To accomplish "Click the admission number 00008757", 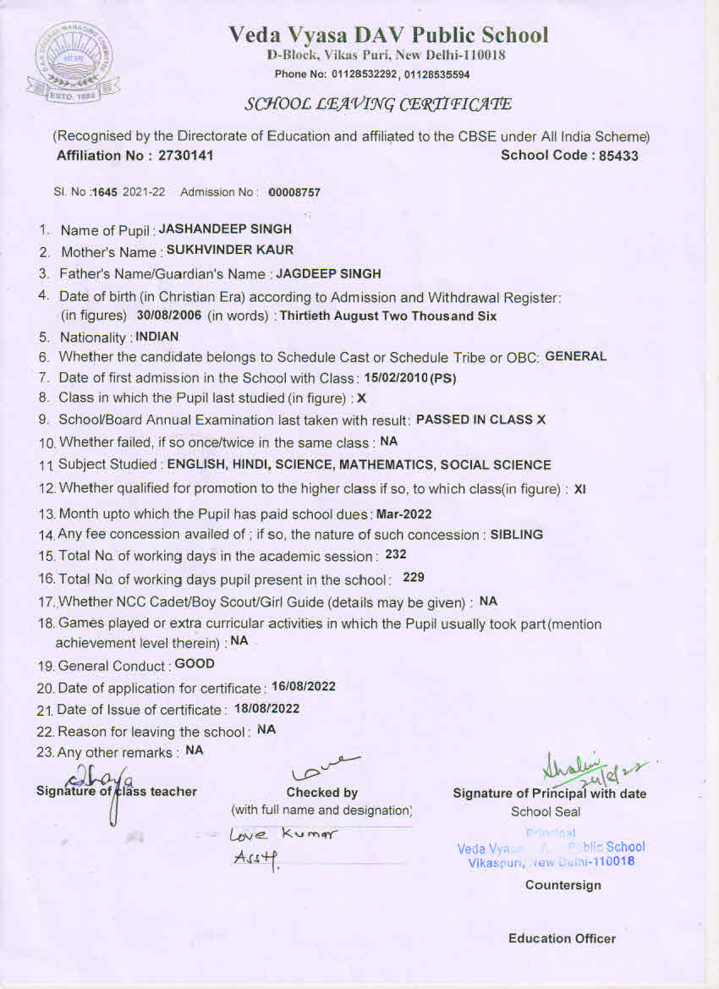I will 294,193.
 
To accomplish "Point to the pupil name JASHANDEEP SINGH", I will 225,228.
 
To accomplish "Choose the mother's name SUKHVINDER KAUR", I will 230,250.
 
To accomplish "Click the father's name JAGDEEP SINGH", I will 328,273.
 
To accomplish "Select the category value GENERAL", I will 576,356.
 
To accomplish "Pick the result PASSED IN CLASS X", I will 481,419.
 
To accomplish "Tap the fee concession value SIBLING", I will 517,534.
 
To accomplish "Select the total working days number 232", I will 396,555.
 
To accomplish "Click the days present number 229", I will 414,577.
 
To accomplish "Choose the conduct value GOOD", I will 195,664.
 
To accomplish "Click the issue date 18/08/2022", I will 268,709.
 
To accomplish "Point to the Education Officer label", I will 562,938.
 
